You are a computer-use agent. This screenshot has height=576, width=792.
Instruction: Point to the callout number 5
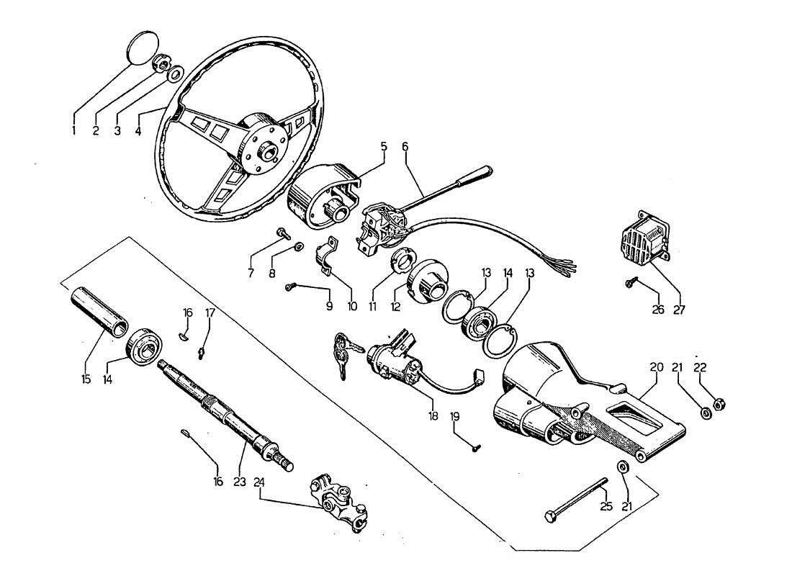coord(384,146)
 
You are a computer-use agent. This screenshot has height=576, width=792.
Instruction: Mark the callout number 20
coord(657,366)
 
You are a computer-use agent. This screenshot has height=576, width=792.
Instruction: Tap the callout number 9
coord(329,306)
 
